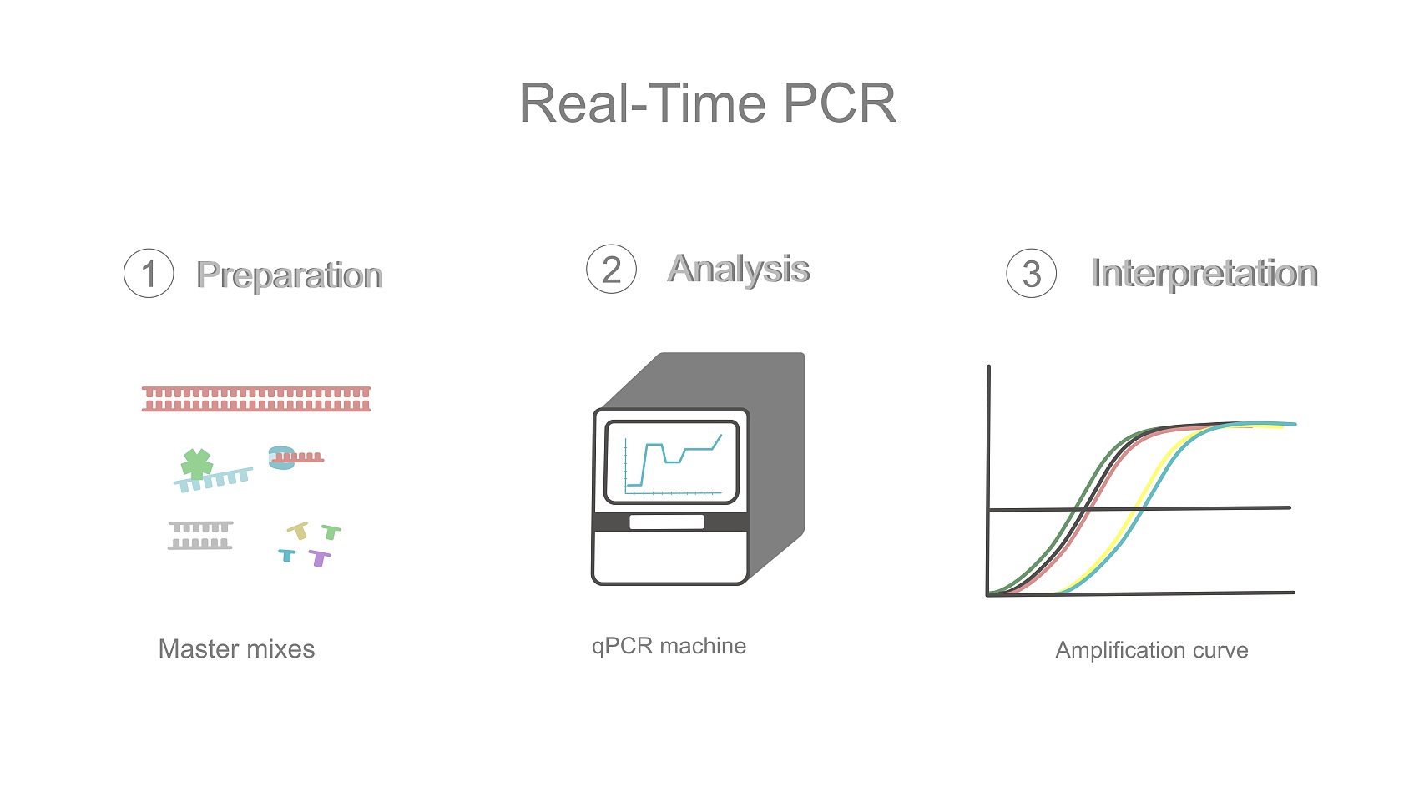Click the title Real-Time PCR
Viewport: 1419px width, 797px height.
pos(708,103)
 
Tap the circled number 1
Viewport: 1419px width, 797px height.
pos(149,273)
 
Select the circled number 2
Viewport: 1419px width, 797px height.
pos(611,269)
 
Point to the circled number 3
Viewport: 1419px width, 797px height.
pos(1032,273)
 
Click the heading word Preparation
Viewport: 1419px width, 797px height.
pos(290,275)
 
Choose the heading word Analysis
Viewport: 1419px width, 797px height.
pos(739,269)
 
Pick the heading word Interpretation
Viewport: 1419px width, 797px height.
pos(1204,274)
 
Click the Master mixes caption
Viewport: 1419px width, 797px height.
pos(236,648)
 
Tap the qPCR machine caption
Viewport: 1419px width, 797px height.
pos(669,646)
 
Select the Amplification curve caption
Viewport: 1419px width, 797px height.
pos(1152,650)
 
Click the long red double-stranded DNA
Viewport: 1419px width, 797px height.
pos(256,399)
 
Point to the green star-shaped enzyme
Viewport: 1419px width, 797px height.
pos(197,464)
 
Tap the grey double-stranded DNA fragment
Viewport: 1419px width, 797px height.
pos(200,535)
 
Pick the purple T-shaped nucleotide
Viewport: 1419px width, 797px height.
pos(319,558)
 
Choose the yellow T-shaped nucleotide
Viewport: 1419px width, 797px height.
pos(298,530)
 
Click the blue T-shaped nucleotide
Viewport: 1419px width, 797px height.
pos(287,555)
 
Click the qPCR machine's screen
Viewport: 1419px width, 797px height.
pos(671,462)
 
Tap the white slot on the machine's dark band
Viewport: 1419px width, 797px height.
pos(666,522)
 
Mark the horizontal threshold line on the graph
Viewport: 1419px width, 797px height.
pos(1139,508)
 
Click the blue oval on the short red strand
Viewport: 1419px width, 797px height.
pos(282,457)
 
